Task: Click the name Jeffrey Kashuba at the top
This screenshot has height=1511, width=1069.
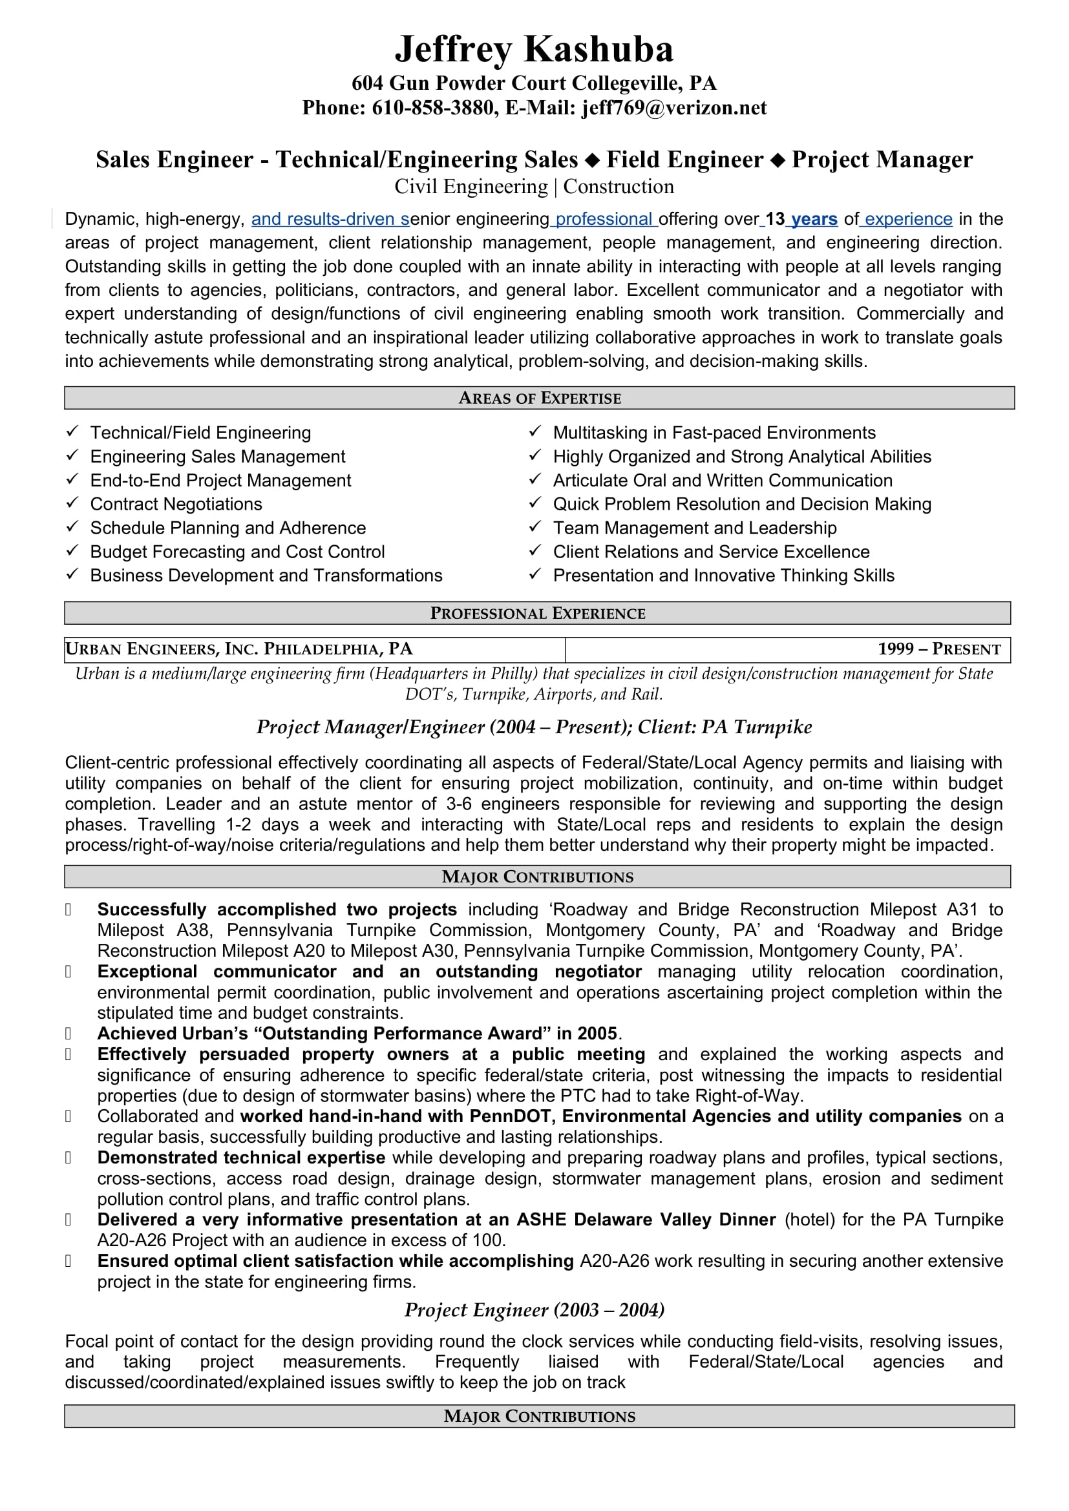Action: pos(534,49)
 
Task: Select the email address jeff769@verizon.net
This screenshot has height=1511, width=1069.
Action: pos(673,108)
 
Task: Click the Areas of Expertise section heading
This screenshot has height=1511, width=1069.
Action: pos(539,398)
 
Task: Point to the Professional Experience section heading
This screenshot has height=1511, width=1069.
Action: pos(537,613)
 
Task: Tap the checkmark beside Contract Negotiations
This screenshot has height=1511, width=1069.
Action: pos(72,503)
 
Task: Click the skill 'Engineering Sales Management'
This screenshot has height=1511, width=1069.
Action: pos(217,457)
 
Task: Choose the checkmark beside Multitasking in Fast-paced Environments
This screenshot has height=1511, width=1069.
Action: pos(535,432)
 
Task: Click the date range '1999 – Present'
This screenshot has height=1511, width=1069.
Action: pos(938,649)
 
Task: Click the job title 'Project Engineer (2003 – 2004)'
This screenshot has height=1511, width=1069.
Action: pos(534,1309)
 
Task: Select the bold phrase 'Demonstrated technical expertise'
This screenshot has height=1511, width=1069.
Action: pos(241,1158)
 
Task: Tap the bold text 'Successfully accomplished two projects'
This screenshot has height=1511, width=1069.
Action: pos(277,910)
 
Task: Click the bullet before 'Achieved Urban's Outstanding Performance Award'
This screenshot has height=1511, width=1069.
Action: pos(68,1034)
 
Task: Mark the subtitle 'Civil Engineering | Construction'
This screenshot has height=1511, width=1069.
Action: pos(534,187)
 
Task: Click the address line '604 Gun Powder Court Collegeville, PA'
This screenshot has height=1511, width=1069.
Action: pos(534,83)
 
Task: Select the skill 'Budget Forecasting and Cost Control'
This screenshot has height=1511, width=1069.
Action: pos(237,552)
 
